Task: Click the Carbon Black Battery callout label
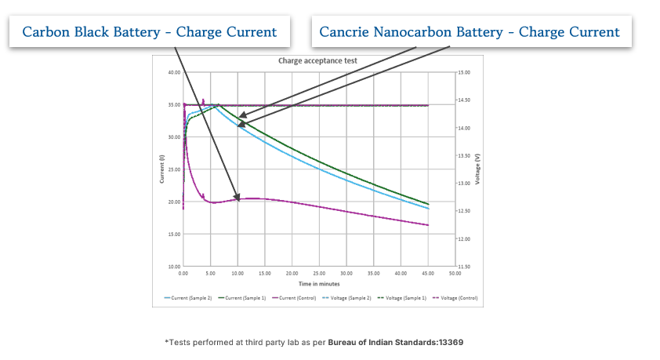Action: click(x=149, y=32)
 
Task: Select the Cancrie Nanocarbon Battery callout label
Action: click(x=470, y=32)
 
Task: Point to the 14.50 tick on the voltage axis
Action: click(x=464, y=100)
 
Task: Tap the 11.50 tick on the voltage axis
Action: click(x=464, y=267)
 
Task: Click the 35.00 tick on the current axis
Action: click(x=174, y=104)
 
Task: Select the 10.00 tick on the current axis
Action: click(x=174, y=267)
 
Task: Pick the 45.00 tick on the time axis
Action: click(x=428, y=274)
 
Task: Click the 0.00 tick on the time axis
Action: click(x=183, y=274)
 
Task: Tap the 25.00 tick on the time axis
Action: click(x=319, y=274)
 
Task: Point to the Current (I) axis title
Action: click(x=162, y=169)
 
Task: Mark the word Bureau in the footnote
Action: click(x=345, y=343)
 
